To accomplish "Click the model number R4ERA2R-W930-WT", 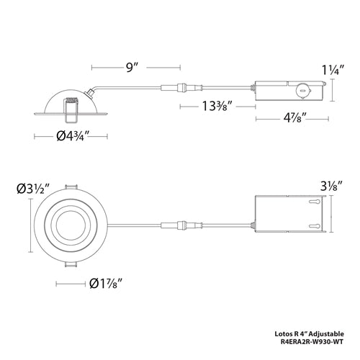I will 315,343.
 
